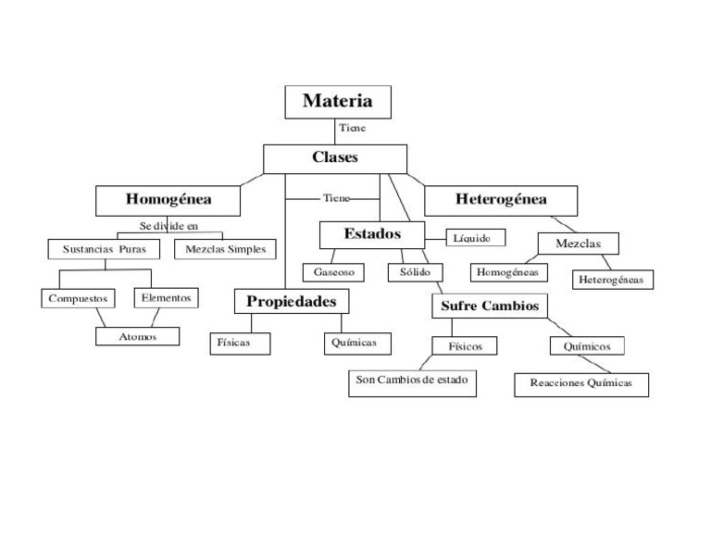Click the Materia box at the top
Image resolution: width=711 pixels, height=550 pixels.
[337, 102]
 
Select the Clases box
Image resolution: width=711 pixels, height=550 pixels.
[335, 157]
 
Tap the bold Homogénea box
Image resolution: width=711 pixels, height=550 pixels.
[168, 200]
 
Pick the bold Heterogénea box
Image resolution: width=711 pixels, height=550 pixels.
[501, 200]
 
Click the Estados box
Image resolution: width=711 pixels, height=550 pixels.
[372, 234]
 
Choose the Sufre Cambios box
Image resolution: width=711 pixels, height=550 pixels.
[490, 306]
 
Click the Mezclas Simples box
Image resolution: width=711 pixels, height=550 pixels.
[225, 249]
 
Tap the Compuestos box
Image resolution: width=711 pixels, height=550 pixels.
[78, 299]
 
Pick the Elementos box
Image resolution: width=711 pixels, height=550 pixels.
[167, 298]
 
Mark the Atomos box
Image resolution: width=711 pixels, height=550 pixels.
[138, 337]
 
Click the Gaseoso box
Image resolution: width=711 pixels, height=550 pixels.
[334, 273]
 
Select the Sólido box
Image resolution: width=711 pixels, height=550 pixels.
[415, 272]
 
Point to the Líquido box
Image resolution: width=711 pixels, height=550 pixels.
[479, 238]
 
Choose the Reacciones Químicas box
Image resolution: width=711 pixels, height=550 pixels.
[581, 383]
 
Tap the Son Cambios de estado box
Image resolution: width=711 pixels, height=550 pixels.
[413, 381]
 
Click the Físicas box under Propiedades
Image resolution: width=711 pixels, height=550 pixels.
[241, 343]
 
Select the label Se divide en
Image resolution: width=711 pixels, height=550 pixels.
[168, 226]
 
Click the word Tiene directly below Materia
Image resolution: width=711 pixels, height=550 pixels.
[352, 128]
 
